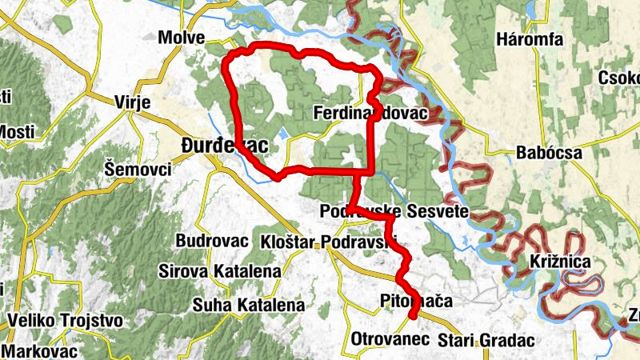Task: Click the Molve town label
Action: tap(182, 38)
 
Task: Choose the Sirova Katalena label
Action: tap(220, 271)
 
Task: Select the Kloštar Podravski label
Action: tap(329, 242)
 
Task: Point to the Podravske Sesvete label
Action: tap(393, 212)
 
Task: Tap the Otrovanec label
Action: tap(391, 340)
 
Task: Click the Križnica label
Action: tap(560, 262)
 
